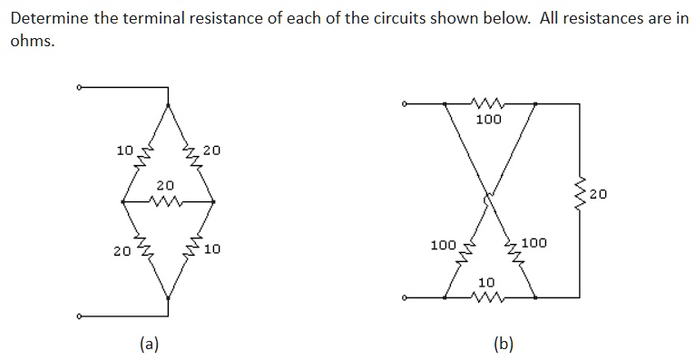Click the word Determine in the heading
point(46,19)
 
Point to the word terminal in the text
point(143,19)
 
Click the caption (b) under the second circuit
point(503,343)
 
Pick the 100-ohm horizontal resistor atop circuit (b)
point(489,103)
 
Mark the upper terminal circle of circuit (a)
point(79,88)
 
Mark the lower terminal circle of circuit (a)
point(79,316)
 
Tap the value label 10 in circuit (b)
point(488,283)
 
